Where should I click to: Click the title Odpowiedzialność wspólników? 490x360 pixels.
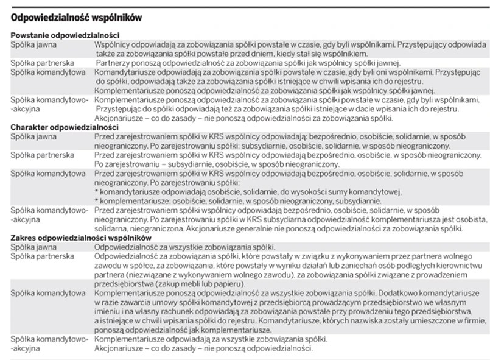click(x=76, y=18)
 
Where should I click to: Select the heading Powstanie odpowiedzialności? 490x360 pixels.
click(x=65, y=36)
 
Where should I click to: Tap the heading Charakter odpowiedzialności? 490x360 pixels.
click(x=65, y=127)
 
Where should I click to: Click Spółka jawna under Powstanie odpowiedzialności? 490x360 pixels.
click(x=34, y=44)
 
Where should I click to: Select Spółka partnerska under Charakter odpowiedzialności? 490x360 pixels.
click(x=43, y=155)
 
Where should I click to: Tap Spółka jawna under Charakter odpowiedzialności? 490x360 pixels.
click(x=34, y=136)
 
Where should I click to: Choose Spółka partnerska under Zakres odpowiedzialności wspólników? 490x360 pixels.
click(x=43, y=256)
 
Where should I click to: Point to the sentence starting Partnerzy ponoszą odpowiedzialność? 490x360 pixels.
click(x=248, y=63)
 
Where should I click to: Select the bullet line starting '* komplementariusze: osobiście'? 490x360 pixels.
click(x=237, y=201)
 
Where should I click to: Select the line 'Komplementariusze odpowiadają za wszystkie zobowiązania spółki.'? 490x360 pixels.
click(x=211, y=339)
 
